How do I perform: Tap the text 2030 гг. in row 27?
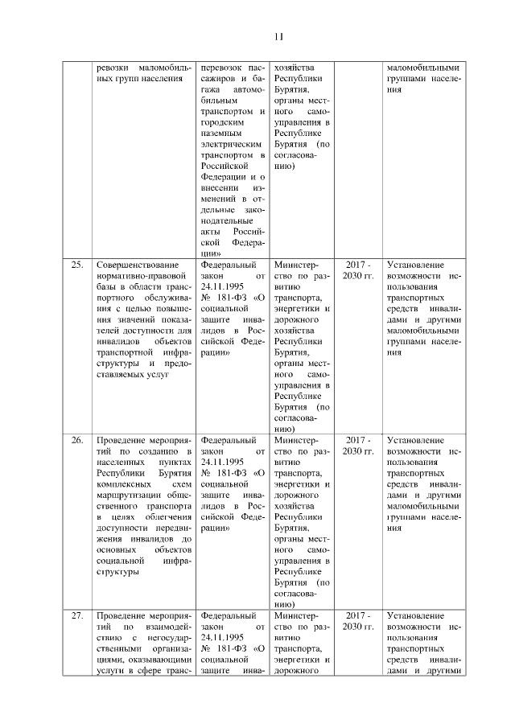click(358, 627)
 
